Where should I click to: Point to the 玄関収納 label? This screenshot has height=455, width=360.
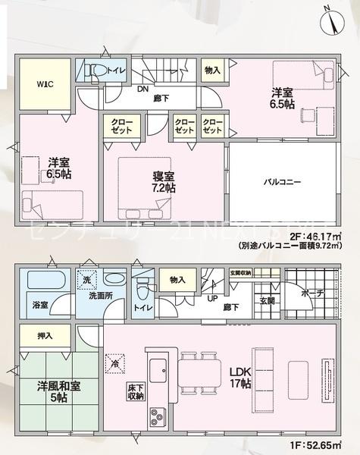(x=241, y=274)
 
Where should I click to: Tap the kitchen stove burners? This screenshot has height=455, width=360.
(x=158, y=416)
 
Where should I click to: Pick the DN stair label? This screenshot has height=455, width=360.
(x=142, y=88)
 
